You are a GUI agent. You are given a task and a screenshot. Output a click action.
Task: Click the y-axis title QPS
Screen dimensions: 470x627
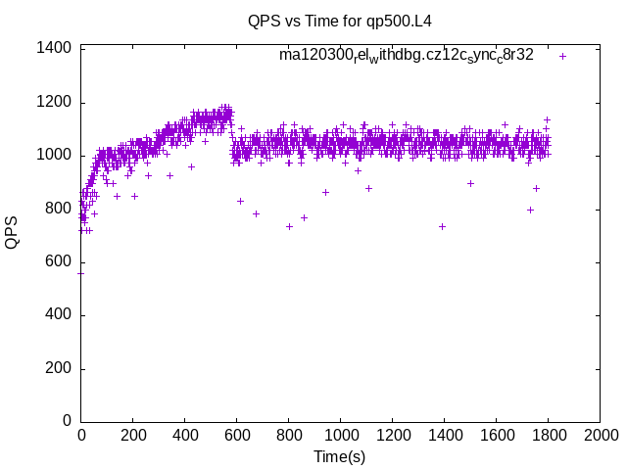[13, 233]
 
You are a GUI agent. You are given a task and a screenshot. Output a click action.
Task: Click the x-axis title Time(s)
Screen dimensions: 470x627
[339, 456]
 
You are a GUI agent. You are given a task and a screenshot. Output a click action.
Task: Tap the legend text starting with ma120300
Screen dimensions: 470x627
[406, 55]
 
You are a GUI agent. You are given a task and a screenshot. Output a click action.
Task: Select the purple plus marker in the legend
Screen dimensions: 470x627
[562, 56]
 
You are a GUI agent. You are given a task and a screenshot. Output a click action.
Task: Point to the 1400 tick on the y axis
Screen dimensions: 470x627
[54, 48]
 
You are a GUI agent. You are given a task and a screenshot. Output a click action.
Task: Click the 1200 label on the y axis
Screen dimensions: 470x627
[54, 102]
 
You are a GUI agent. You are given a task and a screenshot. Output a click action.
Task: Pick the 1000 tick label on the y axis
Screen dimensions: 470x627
[54, 155]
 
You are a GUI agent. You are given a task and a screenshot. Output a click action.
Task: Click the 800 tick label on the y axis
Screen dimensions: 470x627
[58, 209]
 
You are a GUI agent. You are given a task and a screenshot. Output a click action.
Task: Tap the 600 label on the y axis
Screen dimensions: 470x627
[58, 261]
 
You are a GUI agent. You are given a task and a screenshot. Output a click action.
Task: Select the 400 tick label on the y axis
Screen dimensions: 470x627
[58, 314]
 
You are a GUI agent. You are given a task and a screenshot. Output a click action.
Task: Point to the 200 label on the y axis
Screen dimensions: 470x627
[58, 368]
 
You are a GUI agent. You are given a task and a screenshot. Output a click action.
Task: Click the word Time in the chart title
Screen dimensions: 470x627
[331, 21]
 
